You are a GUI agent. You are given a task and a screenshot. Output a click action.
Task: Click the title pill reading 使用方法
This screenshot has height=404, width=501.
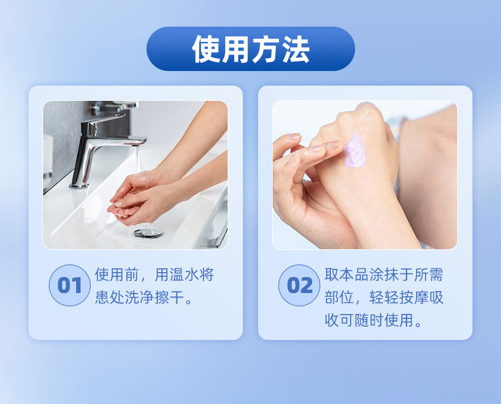click(x=251, y=49)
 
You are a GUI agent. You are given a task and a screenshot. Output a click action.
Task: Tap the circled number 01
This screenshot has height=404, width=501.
click(x=70, y=285)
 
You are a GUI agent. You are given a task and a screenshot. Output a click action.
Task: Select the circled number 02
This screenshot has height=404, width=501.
click(x=299, y=285)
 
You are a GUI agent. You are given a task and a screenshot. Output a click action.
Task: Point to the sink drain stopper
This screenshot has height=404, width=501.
click(x=148, y=232)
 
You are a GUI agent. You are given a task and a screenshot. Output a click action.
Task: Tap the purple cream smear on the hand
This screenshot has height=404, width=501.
click(x=355, y=151)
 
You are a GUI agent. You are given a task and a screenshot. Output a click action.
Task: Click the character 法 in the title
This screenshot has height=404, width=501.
click(x=296, y=49)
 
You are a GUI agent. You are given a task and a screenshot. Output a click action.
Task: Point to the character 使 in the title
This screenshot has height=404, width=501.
click(x=205, y=49)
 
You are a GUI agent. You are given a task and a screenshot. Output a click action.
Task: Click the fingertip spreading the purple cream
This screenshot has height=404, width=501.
click(x=337, y=145)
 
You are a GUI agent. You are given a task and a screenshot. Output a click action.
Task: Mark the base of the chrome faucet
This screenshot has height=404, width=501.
click(x=79, y=185)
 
